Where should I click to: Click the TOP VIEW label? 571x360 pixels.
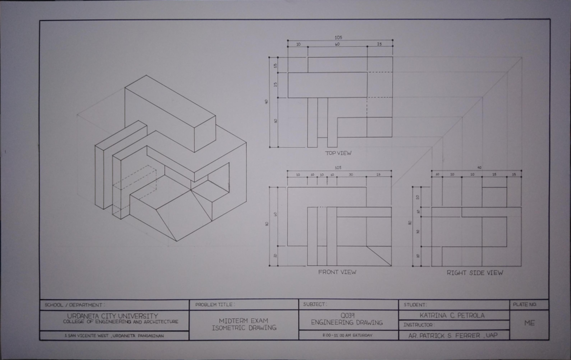click(x=338, y=153)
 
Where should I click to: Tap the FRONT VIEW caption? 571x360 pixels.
click(x=337, y=272)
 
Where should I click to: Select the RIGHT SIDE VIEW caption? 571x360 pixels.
click(x=474, y=273)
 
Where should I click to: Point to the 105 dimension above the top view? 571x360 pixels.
click(x=338, y=38)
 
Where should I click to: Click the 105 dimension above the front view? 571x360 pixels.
click(x=338, y=168)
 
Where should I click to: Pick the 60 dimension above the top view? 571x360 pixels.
click(x=337, y=44)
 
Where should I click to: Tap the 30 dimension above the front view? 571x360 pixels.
click(x=351, y=175)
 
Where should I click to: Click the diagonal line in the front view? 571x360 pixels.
click(x=379, y=256)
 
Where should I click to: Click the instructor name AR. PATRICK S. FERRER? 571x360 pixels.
click(x=453, y=336)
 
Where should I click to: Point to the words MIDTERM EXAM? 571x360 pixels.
click(x=244, y=321)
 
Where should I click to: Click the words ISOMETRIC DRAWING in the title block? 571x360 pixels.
click(x=244, y=328)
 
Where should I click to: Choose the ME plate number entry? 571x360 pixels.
click(x=529, y=323)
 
